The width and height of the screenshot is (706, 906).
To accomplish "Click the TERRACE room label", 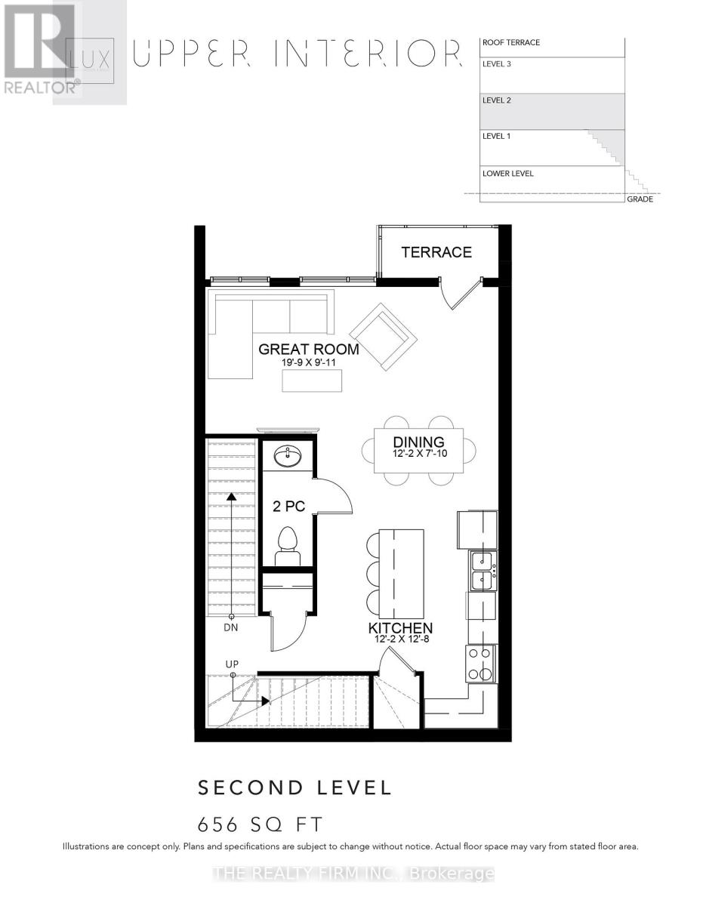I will (436, 252).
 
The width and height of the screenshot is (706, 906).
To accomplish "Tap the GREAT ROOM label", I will (308, 350).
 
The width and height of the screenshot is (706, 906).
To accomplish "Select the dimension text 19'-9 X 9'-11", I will (308, 363).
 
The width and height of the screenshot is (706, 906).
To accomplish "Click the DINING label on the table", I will (418, 442).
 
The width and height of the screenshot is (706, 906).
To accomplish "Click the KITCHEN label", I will (400, 628).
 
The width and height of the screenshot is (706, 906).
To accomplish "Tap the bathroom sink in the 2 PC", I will (288, 456).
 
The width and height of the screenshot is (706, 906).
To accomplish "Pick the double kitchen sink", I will (482, 570).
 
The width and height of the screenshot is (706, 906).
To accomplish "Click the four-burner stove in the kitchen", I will (481, 664).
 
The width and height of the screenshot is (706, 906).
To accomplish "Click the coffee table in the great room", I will (312, 381).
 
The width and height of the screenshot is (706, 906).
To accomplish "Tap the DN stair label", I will (232, 627).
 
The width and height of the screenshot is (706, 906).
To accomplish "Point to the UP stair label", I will (233, 664).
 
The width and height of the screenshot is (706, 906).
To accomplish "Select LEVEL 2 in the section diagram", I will (497, 100).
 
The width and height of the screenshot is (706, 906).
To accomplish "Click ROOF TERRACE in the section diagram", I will (510, 43).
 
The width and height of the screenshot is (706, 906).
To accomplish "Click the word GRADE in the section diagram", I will (640, 199).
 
